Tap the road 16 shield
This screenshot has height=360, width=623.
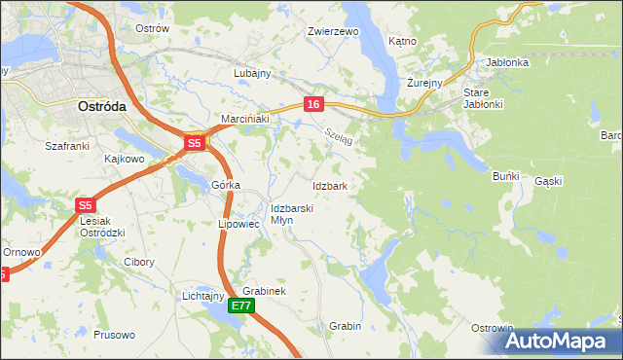312,104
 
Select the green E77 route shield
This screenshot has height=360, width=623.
242,306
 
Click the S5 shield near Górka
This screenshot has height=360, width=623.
194,144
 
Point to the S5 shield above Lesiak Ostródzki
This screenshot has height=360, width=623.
86,205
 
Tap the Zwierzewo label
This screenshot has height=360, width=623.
333,31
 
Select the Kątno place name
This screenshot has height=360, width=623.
402,42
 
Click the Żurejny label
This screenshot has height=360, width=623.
424,83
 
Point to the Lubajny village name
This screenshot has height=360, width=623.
251,73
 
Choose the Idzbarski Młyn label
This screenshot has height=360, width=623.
291,214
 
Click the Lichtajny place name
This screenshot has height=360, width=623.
203,296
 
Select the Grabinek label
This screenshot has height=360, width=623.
264,291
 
